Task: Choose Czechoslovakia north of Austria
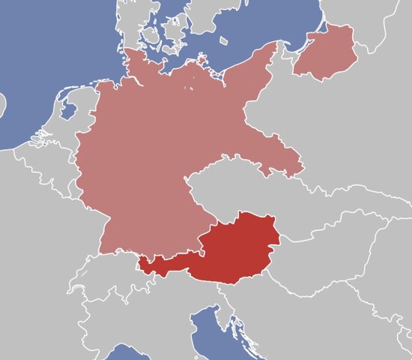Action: click(247, 191)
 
